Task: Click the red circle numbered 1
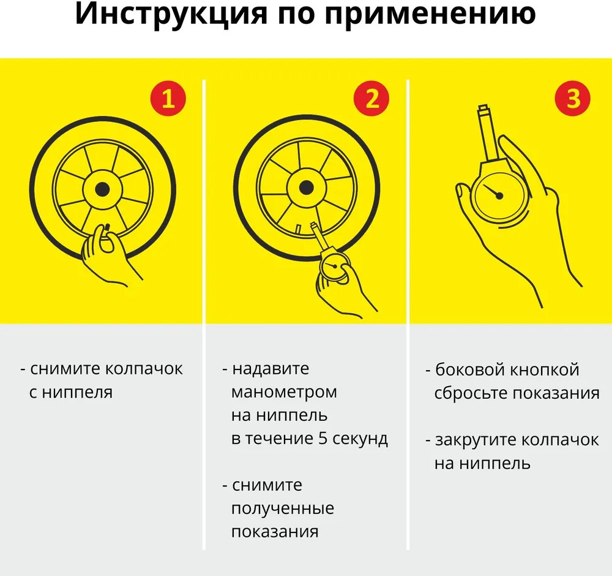click(168, 98)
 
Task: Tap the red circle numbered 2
click(371, 98)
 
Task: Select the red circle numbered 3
click(573, 98)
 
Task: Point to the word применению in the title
click(430, 15)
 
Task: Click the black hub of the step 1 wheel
click(102, 189)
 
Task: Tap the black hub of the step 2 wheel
click(306, 188)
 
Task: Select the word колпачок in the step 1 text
click(144, 368)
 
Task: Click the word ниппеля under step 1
click(77, 392)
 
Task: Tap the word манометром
click(284, 392)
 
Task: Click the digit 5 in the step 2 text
click(322, 438)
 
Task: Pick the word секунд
click(360, 439)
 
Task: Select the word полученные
click(283, 509)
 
